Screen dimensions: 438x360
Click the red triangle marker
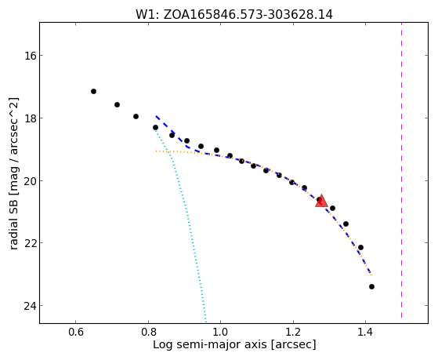[321, 201]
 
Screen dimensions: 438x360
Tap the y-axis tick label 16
[30, 56]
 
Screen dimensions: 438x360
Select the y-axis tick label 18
[30, 118]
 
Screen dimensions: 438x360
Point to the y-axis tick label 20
[30, 180]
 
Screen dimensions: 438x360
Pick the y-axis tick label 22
[30, 243]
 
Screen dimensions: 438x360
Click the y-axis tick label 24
[30, 306]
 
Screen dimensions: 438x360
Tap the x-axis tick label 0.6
[76, 332]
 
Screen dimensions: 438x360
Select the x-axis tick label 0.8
[148, 332]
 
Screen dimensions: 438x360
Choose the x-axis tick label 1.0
[221, 332]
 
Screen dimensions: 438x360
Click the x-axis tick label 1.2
[293, 332]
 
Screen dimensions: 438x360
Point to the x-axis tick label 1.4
[365, 332]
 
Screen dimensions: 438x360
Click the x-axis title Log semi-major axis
[210, 345]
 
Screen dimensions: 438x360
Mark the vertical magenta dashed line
[402, 170]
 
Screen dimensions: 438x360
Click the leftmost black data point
[93, 92]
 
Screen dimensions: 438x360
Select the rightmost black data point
[371, 287]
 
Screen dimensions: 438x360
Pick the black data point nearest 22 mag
[360, 248]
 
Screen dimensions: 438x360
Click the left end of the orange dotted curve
[157, 151]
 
